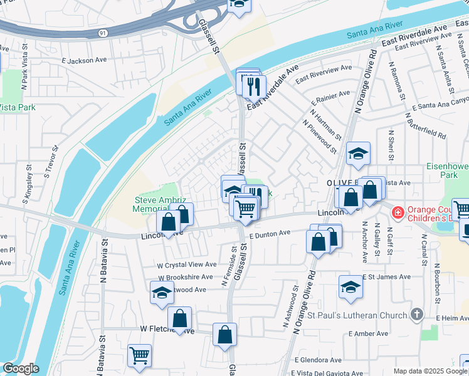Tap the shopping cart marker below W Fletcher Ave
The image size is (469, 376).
(x=139, y=355)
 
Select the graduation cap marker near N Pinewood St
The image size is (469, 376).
(x=357, y=154)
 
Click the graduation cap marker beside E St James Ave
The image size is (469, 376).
(x=350, y=288)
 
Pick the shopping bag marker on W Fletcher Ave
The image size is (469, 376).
(x=180, y=319)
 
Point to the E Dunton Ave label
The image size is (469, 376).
(x=270, y=234)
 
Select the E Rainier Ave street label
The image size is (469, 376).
(x=332, y=97)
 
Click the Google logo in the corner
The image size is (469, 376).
(x=21, y=368)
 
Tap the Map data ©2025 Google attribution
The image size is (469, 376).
(x=430, y=371)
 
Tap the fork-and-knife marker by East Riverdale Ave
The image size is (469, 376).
(x=254, y=86)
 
